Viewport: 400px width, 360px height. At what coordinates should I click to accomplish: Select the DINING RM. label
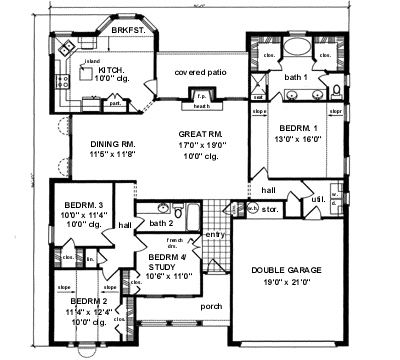pyautogui.click(x=112, y=145)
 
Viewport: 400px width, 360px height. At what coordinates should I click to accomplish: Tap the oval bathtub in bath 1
pyautogui.click(x=298, y=48)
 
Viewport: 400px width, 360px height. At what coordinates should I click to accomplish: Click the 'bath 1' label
pyautogui.click(x=296, y=76)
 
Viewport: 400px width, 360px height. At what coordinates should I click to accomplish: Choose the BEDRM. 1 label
pyautogui.click(x=299, y=129)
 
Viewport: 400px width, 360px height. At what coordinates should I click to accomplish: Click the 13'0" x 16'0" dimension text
pyautogui.click(x=299, y=139)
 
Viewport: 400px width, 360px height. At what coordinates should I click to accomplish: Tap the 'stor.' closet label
pyautogui.click(x=269, y=210)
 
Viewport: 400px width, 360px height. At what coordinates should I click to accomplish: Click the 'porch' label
pyautogui.click(x=211, y=306)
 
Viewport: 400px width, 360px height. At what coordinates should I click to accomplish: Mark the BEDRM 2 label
pyautogui.click(x=89, y=300)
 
